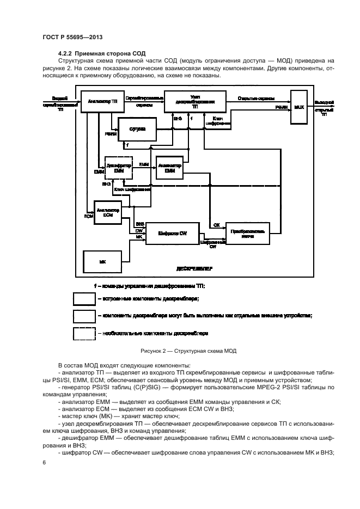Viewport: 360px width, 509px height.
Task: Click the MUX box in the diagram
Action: point(298,107)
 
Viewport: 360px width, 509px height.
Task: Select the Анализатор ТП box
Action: point(99,102)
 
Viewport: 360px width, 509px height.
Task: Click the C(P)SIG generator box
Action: point(136,129)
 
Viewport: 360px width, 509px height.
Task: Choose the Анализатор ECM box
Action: point(107,212)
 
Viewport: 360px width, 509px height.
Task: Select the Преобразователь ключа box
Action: point(248,234)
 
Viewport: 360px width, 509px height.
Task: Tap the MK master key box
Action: point(102,262)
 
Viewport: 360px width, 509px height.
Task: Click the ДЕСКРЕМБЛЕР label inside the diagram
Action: point(194,268)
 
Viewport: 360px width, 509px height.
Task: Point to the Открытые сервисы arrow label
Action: point(255,99)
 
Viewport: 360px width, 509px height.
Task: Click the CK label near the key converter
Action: point(216,224)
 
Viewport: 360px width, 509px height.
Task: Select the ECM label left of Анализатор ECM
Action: point(88,216)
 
